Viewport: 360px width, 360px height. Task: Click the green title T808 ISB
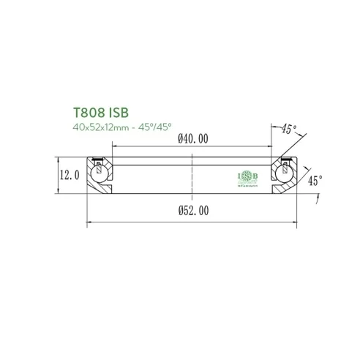point(100,113)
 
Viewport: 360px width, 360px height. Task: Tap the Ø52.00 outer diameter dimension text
point(193,210)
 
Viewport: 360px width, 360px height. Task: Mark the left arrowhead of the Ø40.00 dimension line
point(113,146)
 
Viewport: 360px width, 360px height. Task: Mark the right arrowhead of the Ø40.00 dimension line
point(274,146)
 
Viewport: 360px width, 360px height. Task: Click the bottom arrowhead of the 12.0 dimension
point(59,194)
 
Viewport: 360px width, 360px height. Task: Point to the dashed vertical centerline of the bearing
point(193,176)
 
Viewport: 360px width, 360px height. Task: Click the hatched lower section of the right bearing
point(282,189)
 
